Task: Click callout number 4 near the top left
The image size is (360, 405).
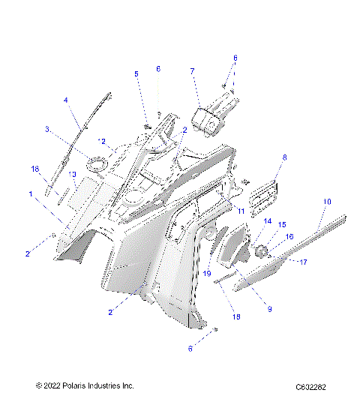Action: coord(65,100)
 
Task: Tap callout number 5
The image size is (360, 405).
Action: coord(136,73)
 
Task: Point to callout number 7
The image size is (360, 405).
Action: coord(192,71)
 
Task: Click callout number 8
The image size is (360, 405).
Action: coord(284,157)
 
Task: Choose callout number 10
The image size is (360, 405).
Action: coord(326,202)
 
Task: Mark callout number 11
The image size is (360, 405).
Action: coord(241,212)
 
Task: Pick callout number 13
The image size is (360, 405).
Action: coord(73,175)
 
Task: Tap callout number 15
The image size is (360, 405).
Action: coord(283,224)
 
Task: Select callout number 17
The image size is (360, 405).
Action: coord(304,262)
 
